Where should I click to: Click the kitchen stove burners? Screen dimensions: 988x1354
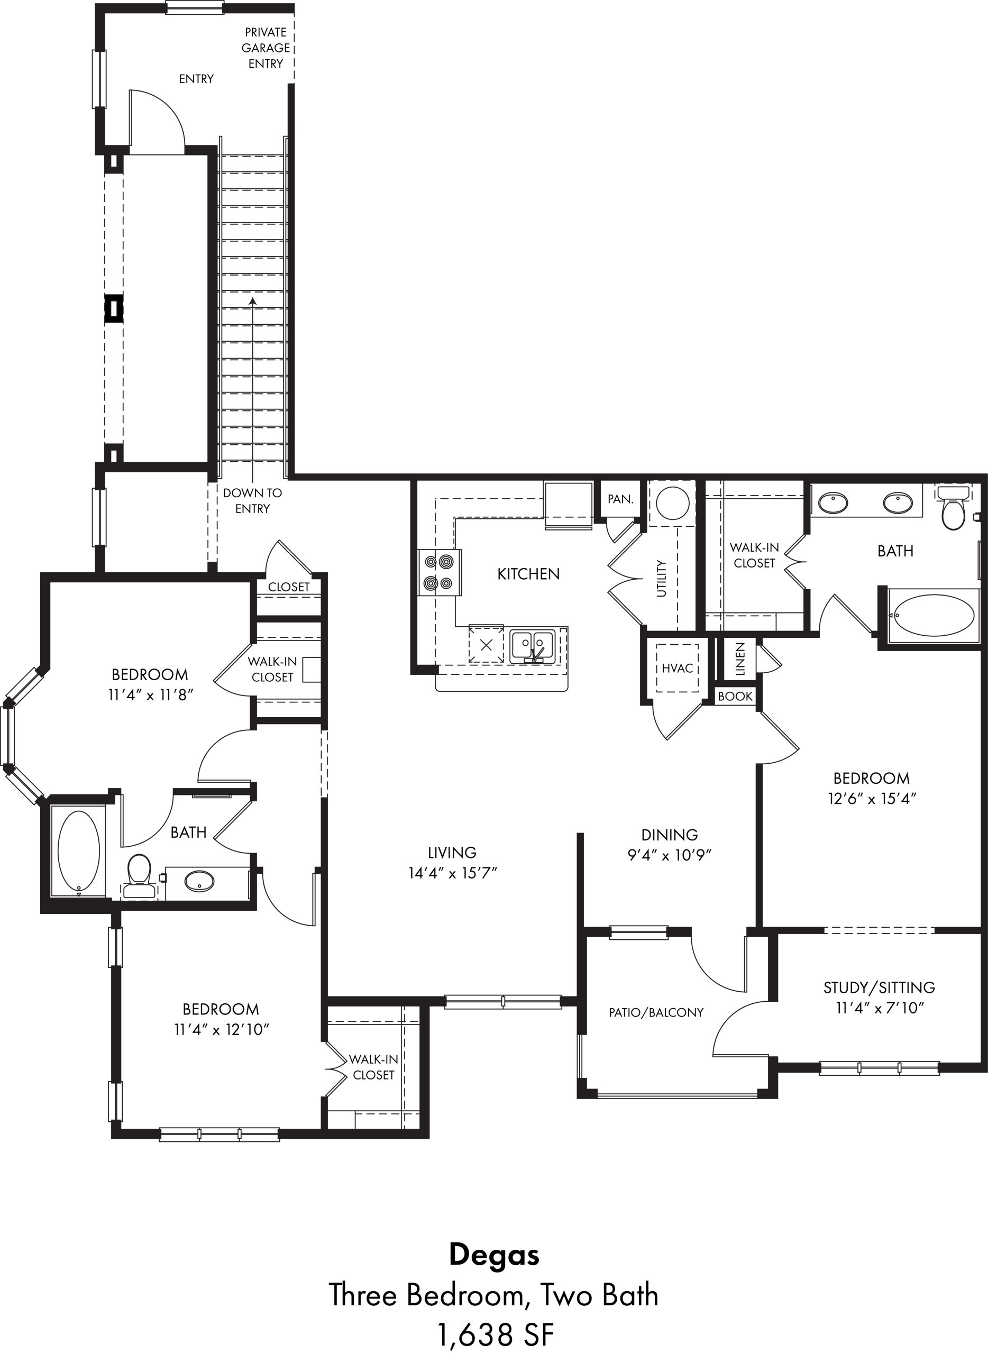[x=439, y=572]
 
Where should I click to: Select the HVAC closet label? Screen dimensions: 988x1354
[x=677, y=668]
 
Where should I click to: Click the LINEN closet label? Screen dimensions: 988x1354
[x=740, y=660]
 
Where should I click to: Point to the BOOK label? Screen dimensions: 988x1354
[x=735, y=696]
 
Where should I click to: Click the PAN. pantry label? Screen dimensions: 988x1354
[x=620, y=499]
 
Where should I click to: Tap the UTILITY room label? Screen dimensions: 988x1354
[x=662, y=578]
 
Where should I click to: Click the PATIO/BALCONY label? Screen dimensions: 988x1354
[x=656, y=1012]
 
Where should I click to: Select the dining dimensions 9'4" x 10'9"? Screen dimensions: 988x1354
[x=669, y=855]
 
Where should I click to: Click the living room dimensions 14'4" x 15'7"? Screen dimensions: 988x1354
[x=453, y=873]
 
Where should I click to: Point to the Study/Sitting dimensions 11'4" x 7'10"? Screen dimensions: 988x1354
[x=880, y=1008]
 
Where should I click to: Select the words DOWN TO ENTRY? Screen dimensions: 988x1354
[x=252, y=500]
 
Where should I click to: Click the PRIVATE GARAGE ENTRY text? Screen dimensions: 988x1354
[x=266, y=48]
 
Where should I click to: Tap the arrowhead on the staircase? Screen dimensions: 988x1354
[x=253, y=301]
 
